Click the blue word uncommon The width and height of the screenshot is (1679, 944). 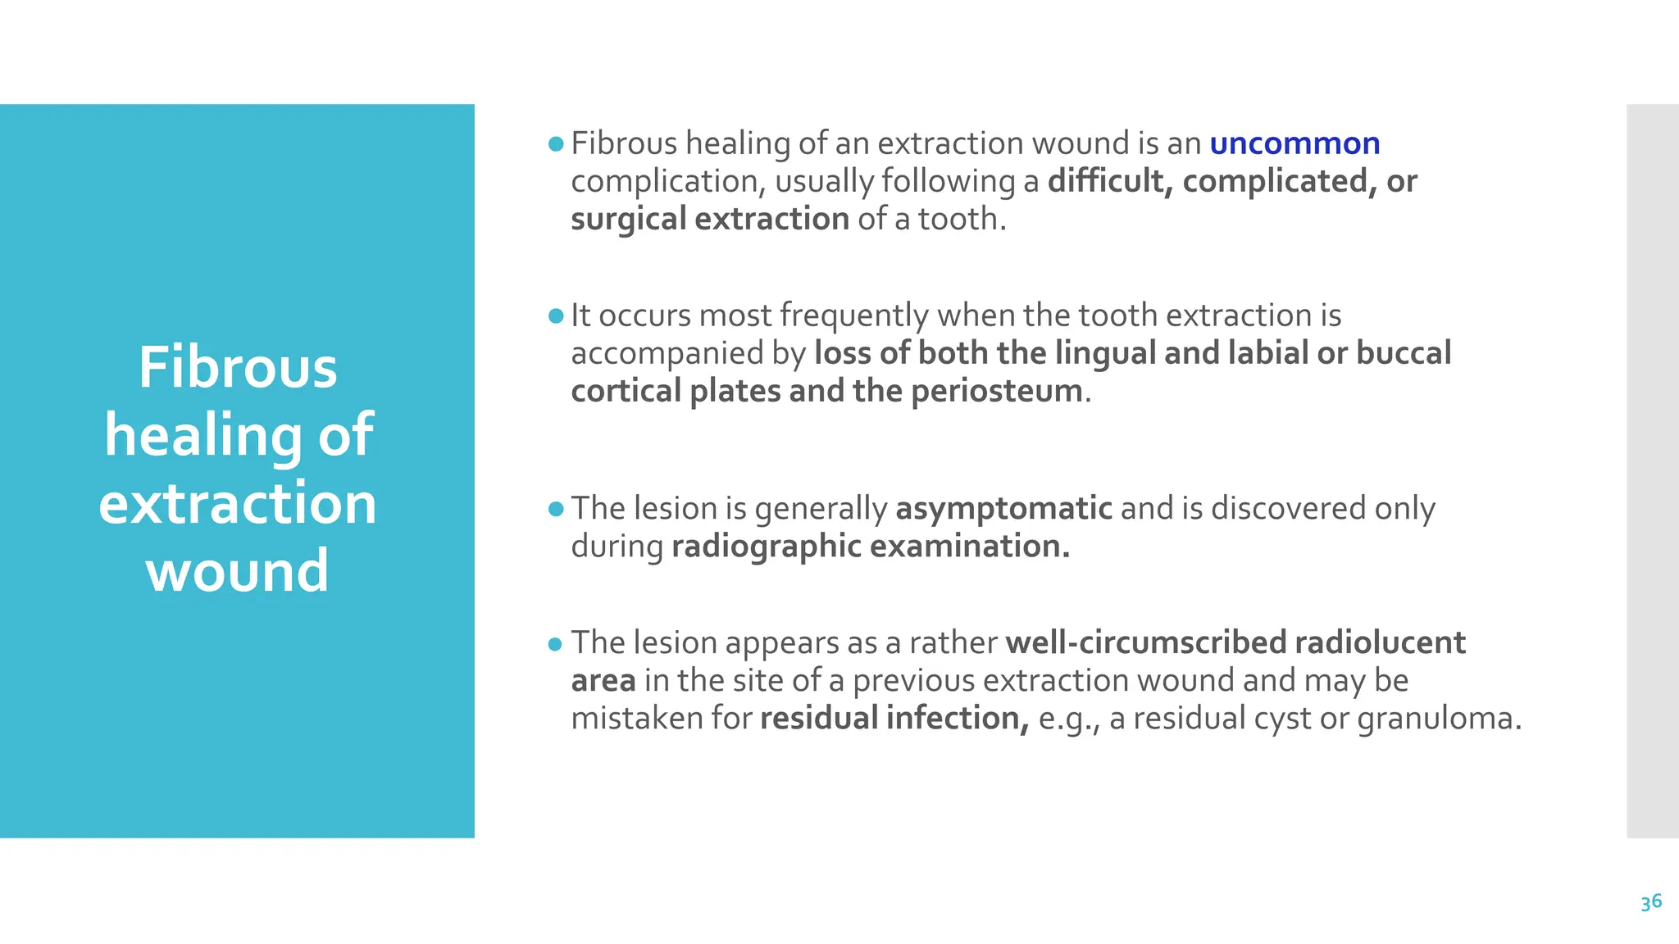1295,143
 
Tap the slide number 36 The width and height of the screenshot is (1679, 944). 1651,902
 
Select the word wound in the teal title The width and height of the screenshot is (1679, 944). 238,570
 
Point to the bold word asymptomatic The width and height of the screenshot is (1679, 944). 1003,509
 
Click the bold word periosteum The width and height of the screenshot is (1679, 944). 996,391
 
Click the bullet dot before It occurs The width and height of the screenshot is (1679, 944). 556,315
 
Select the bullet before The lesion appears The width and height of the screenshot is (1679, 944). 556,644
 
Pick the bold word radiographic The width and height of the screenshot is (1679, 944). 766,547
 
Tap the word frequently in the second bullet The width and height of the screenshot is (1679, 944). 853,315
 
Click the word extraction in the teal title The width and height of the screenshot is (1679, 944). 238,502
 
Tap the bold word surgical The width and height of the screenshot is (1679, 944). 628,220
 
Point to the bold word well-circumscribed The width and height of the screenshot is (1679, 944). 1145,642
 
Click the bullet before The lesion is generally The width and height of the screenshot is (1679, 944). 556,510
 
